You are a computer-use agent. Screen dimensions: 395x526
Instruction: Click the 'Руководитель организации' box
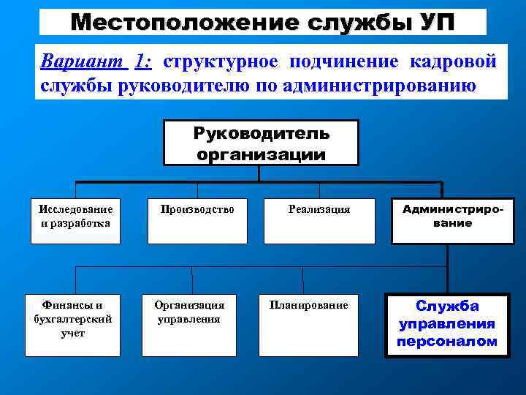click(261, 143)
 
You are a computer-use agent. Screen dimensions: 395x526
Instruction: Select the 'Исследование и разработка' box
click(75, 220)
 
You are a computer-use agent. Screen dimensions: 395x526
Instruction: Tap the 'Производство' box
click(198, 220)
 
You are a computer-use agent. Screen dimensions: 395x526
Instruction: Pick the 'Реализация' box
click(319, 220)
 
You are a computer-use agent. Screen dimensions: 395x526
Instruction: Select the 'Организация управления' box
click(189, 325)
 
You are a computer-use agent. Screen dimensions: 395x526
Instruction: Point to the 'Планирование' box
click(309, 325)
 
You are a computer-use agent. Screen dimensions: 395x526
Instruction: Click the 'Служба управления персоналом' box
click(447, 325)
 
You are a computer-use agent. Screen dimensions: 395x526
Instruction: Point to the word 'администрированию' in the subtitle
click(375, 86)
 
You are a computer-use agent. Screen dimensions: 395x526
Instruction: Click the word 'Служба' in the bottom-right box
click(447, 306)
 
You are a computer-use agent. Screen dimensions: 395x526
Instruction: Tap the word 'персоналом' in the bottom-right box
click(447, 342)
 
